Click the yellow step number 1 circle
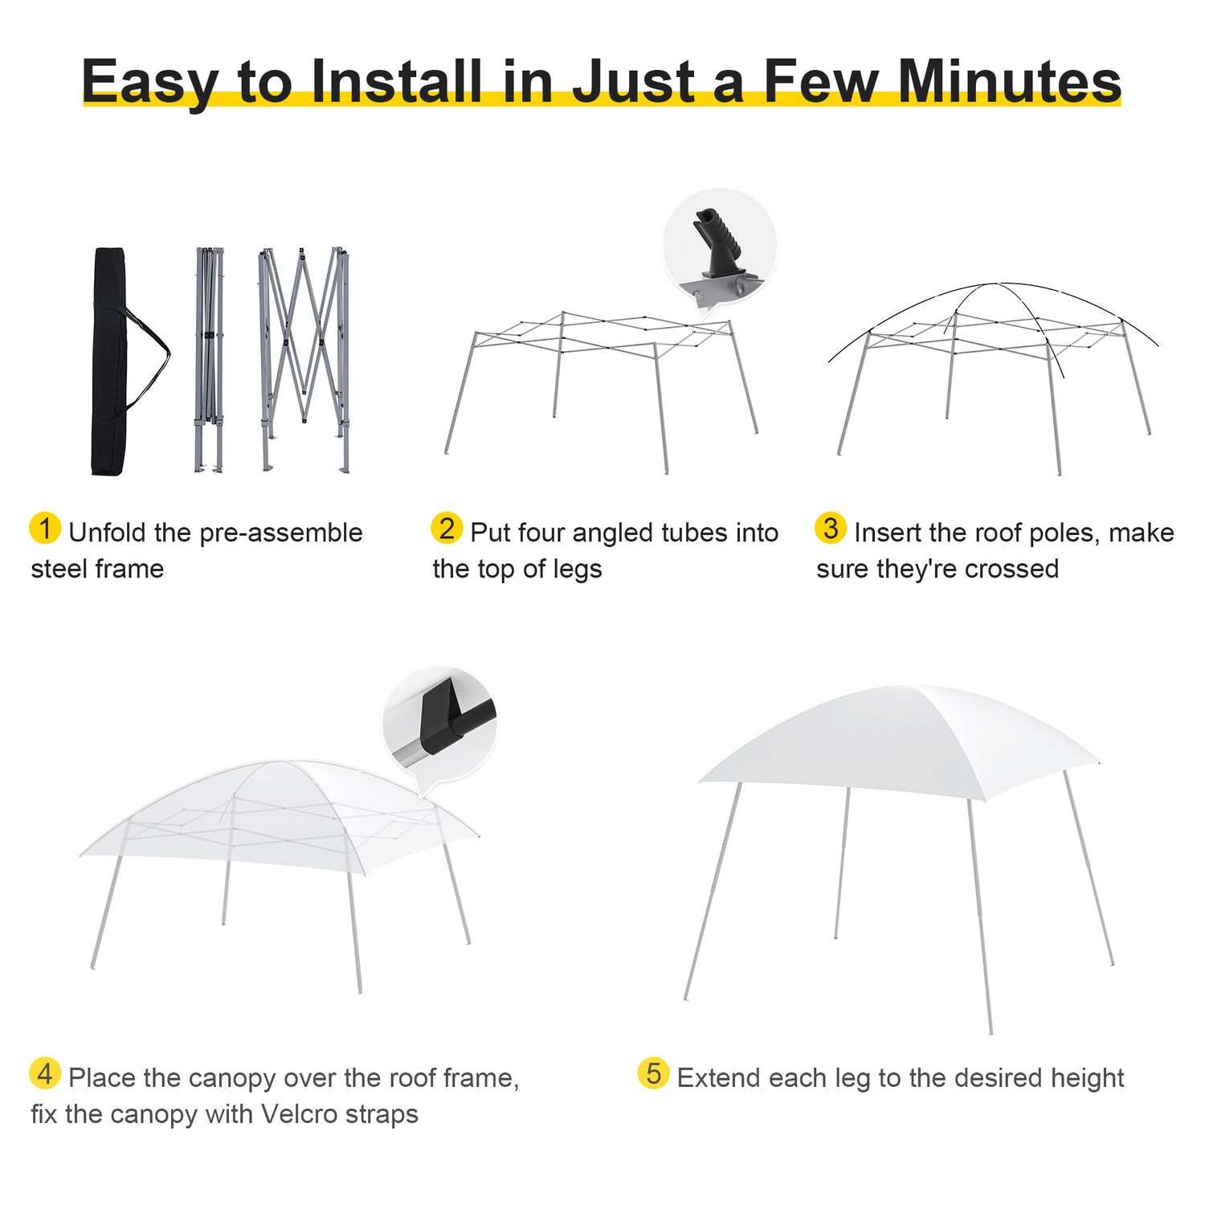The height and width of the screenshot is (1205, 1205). coord(45,528)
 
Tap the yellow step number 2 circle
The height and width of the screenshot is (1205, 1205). coord(447,528)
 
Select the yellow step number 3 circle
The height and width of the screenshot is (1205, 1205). coord(831,528)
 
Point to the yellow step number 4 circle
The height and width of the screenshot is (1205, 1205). coord(45,1073)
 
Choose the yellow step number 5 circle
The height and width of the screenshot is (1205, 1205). coord(653,1073)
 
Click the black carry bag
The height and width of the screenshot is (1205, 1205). coord(110,361)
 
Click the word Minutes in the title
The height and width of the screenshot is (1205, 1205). coord(1009,81)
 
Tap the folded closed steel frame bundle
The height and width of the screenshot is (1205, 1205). coord(209,360)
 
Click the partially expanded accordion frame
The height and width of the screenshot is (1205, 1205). coord(304,360)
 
